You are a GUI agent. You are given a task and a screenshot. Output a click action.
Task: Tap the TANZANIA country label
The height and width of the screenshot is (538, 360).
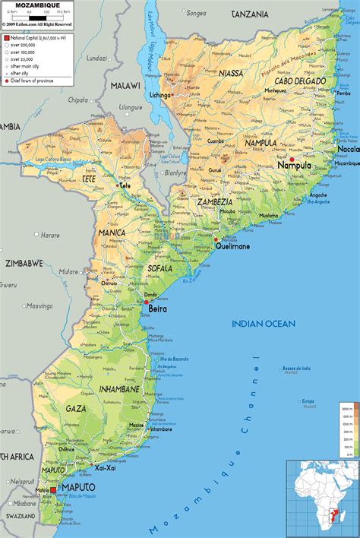tap(250, 14)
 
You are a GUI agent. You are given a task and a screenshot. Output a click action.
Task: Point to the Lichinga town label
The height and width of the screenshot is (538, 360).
tap(160, 117)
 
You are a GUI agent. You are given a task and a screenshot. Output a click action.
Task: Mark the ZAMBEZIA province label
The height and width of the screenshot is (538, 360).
tap(213, 202)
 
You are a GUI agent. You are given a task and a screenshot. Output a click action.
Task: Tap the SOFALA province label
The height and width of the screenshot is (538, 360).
tap(160, 268)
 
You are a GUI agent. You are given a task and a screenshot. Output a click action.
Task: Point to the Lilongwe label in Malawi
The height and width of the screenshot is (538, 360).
tap(131, 107)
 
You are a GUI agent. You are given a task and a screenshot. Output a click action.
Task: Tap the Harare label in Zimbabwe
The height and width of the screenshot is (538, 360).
tap(49, 236)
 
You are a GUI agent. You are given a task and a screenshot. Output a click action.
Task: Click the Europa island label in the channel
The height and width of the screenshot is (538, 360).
tap(308, 401)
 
